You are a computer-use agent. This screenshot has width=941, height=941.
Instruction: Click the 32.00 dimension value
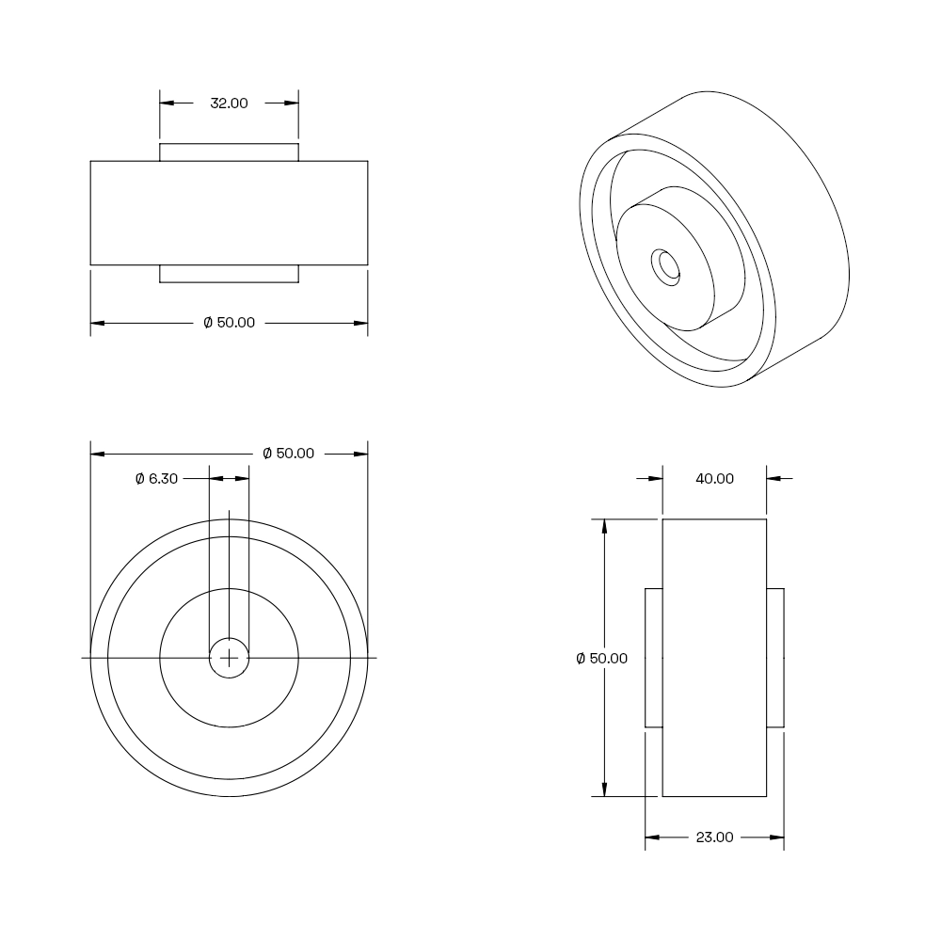click(x=229, y=104)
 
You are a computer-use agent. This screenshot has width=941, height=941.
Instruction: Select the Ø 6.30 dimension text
click(x=156, y=478)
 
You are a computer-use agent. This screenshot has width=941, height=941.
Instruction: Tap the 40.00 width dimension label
click(x=714, y=478)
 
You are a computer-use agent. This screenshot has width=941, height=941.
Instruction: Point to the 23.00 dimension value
click(x=714, y=837)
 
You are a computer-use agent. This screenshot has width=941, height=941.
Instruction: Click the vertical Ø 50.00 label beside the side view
click(x=602, y=659)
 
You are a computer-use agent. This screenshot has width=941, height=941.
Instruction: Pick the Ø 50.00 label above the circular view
click(x=289, y=454)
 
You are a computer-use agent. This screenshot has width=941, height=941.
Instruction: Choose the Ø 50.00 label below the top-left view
click(x=230, y=323)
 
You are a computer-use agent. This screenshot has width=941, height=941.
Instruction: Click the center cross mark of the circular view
click(x=229, y=659)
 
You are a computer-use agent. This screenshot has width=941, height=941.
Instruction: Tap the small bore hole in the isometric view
click(x=666, y=267)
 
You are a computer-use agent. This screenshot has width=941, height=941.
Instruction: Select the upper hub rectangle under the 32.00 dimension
click(x=229, y=152)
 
